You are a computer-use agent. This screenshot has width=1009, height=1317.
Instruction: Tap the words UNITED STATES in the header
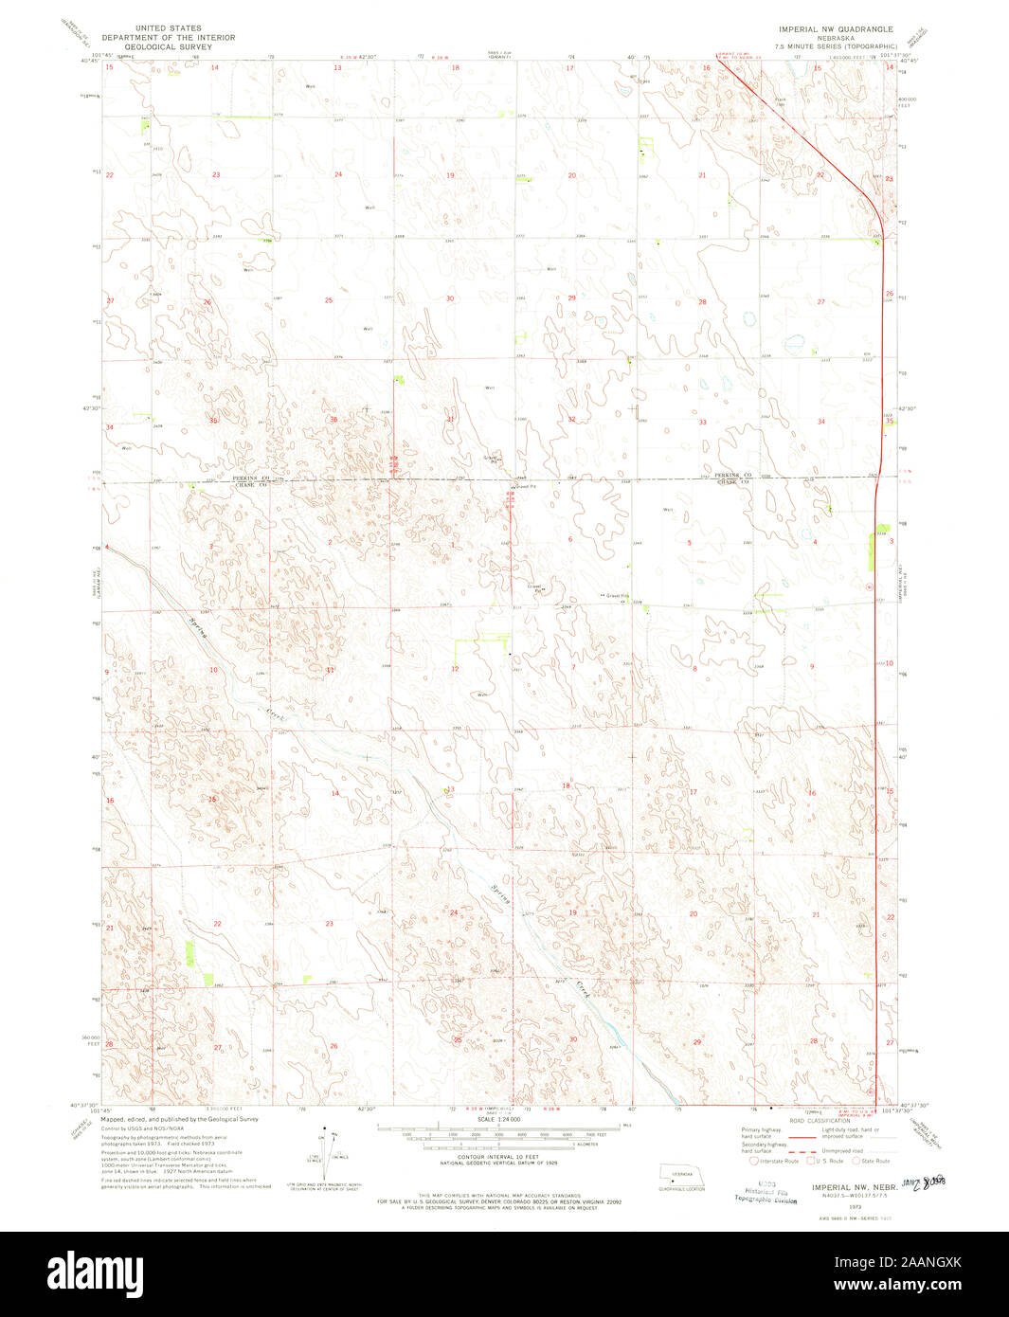click(169, 28)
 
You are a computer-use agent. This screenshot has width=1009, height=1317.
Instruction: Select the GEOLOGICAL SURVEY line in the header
click(169, 45)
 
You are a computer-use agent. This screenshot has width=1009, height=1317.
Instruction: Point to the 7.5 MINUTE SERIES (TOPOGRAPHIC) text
click(836, 45)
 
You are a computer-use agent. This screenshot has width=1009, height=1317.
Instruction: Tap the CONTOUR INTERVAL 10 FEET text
click(498, 1167)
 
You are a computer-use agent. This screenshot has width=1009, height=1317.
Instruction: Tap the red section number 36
click(333, 420)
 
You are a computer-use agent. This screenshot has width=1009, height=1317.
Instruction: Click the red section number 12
click(455, 669)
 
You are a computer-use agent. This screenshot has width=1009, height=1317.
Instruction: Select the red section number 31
click(450, 419)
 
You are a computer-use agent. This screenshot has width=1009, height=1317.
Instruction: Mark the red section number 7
click(573, 667)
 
